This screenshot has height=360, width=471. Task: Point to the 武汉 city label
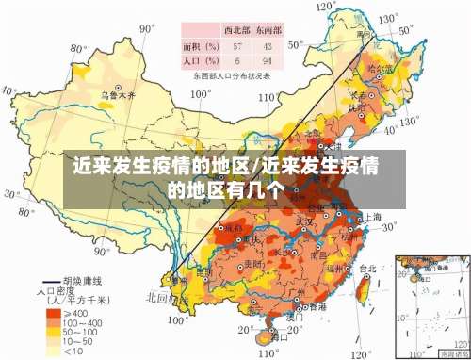pos(304,221)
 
